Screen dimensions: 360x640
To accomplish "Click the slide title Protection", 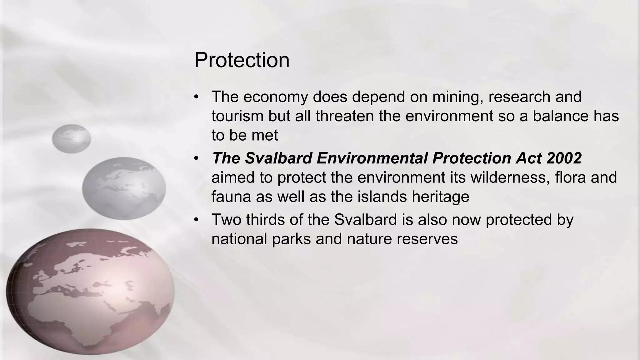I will coord(242,60).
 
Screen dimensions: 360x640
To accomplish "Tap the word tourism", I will coord(237,116).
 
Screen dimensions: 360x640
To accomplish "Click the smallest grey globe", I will coord(72,139).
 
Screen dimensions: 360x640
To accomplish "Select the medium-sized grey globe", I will coord(124,188).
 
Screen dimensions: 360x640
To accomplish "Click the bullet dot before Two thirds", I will coord(196,220).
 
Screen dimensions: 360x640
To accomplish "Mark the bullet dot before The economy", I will coord(196,97).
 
